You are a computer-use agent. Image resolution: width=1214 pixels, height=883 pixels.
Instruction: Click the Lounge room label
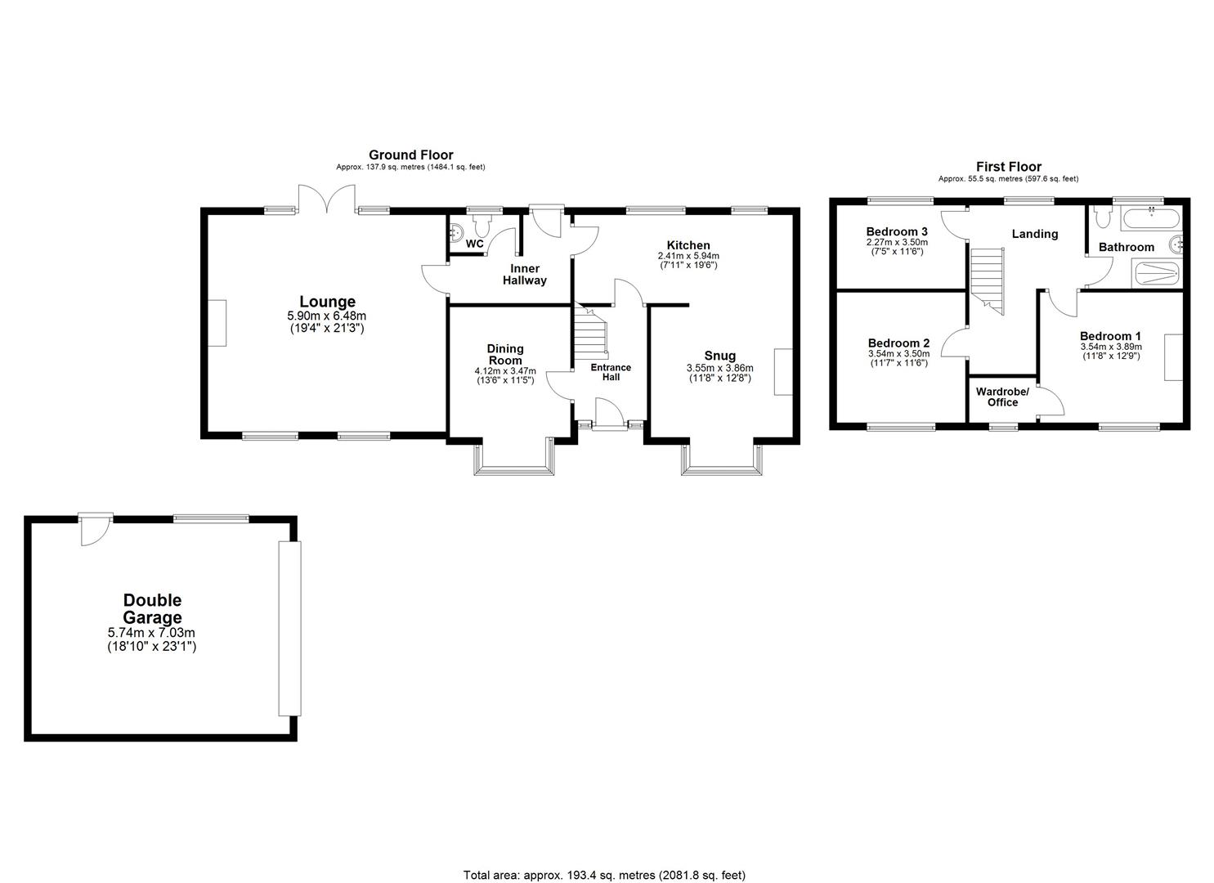click(x=327, y=302)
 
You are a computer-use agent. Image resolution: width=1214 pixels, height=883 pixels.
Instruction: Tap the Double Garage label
click(x=152, y=609)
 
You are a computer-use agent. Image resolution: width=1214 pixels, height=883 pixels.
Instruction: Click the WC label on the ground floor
click(x=475, y=244)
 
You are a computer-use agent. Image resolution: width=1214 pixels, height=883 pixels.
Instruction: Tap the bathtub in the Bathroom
click(x=1150, y=219)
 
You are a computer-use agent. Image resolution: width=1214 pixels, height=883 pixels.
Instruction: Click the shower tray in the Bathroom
click(x=1156, y=274)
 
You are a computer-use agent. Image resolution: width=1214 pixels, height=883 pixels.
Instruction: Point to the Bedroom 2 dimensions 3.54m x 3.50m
click(x=898, y=354)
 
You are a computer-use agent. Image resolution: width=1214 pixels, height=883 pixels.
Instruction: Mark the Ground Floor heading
click(x=410, y=155)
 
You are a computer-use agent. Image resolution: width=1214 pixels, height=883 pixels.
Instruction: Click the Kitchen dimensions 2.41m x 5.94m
click(x=688, y=256)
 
